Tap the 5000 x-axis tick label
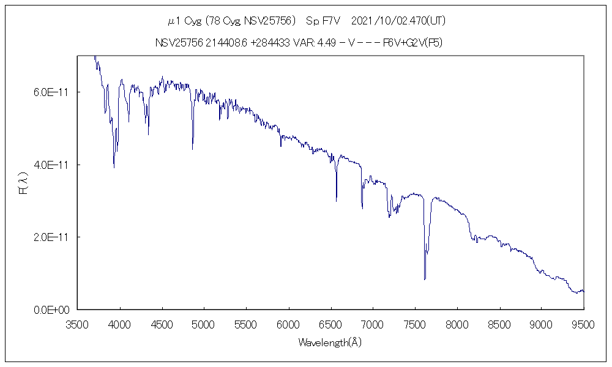(x=204, y=322)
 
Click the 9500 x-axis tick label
(x=583, y=322)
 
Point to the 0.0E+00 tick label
(x=56, y=310)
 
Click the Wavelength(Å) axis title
(x=330, y=343)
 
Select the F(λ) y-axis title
(x=24, y=183)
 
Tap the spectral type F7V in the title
(x=322, y=21)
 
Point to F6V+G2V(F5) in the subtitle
(x=412, y=43)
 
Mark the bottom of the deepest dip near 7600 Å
(x=424, y=280)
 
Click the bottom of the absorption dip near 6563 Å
(x=336, y=201)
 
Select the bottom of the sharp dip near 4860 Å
(x=192, y=149)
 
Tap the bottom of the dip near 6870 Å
(x=362, y=209)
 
